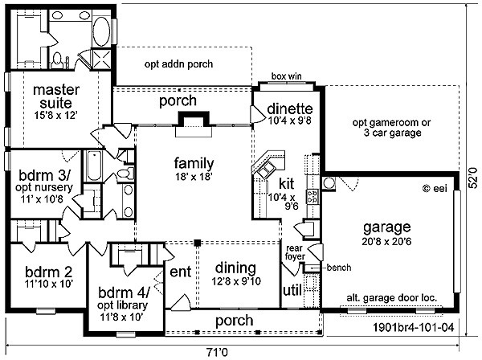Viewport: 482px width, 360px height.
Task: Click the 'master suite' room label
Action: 56,96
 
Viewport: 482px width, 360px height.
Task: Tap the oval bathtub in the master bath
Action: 101,31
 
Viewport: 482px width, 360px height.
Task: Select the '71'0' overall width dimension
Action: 217,352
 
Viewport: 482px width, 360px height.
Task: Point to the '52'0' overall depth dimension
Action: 474,178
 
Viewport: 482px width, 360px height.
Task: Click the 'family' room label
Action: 194,163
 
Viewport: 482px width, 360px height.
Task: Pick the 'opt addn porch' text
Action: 178,64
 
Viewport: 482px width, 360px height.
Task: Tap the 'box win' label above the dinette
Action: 287,76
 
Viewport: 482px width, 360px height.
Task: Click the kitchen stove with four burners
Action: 312,197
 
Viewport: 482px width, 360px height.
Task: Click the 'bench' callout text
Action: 339,268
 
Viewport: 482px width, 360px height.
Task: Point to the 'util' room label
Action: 292,290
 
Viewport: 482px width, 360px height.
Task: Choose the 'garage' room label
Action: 386,227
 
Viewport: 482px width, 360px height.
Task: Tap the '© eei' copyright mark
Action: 435,188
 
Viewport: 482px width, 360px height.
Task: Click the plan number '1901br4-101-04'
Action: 413,327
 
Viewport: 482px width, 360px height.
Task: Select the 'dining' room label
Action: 235,268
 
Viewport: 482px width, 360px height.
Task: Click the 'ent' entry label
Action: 181,272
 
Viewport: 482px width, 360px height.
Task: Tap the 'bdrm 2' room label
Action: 49,272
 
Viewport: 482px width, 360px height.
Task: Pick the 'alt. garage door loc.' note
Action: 392,297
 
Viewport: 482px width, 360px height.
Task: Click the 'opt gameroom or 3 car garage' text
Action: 392,128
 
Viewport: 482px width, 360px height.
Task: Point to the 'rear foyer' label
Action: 295,252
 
